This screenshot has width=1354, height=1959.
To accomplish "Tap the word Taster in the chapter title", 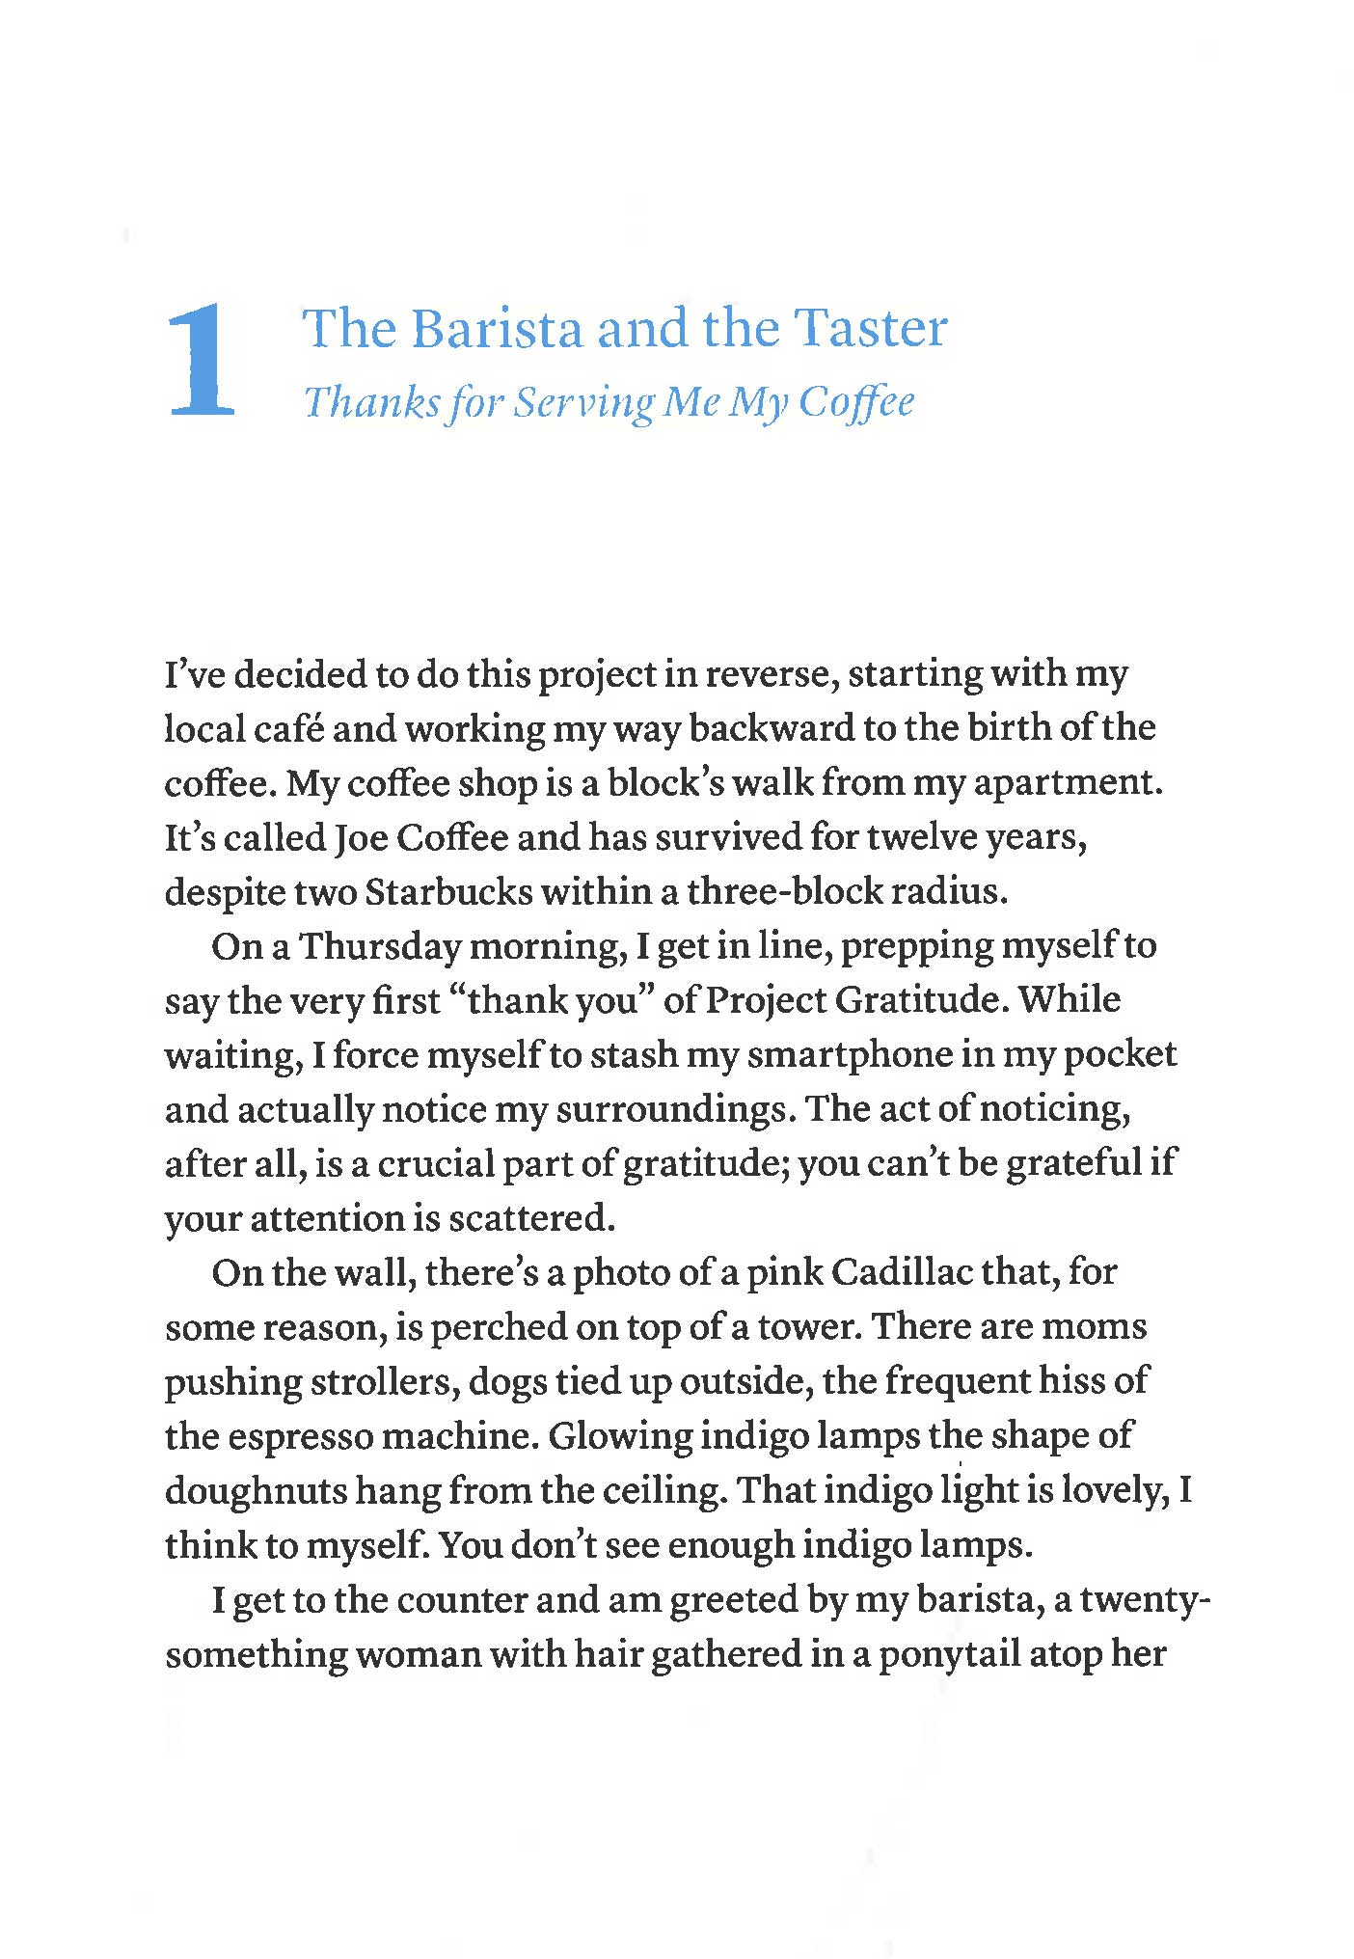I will (x=870, y=329).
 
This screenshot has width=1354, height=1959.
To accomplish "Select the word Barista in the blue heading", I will (x=498, y=329).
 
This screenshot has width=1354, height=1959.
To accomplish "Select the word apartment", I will (x=1067, y=783).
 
